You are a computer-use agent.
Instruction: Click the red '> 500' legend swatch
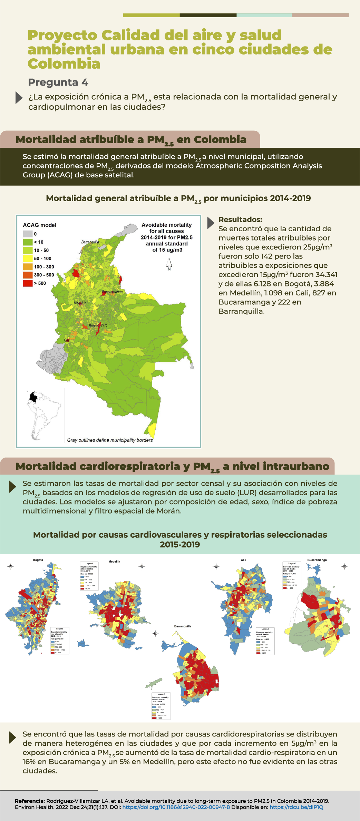(x=28, y=283)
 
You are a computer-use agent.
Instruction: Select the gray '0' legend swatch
(x=28, y=234)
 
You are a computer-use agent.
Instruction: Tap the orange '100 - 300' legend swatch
(x=28, y=267)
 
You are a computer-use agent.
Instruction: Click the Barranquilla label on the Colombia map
(x=90, y=242)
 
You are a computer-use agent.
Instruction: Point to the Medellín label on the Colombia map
(x=80, y=303)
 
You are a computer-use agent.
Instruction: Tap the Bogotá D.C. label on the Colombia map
(x=98, y=326)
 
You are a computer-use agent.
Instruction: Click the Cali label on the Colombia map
(x=67, y=340)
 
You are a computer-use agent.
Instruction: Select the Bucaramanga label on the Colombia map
(x=112, y=292)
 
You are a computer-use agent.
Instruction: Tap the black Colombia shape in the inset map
(x=33, y=397)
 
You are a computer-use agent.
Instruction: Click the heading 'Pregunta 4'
(x=58, y=82)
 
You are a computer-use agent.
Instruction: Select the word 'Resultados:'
(x=240, y=219)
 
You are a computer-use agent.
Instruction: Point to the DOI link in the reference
(x=176, y=807)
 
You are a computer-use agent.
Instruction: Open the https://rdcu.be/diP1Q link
(x=296, y=807)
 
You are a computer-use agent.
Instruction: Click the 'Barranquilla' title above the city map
(x=183, y=626)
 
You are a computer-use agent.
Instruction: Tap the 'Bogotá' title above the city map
(x=38, y=560)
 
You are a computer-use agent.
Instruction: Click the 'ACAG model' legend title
(x=40, y=225)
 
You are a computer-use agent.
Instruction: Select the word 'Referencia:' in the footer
(x=30, y=801)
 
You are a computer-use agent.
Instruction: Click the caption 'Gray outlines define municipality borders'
(x=110, y=440)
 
